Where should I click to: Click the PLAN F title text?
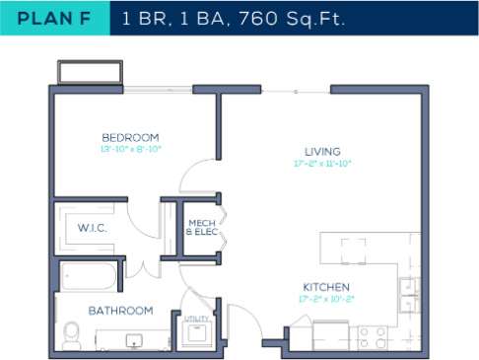point(54,18)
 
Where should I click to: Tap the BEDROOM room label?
point(130,137)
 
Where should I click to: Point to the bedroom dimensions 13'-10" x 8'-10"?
point(130,150)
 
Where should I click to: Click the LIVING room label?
point(322,151)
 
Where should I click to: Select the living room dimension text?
point(322,164)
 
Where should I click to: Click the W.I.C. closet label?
point(92,228)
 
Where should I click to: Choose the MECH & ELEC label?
point(201,228)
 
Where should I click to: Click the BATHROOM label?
point(120,310)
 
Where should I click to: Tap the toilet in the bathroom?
point(72,334)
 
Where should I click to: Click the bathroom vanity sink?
point(134,340)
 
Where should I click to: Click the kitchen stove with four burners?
point(372,337)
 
